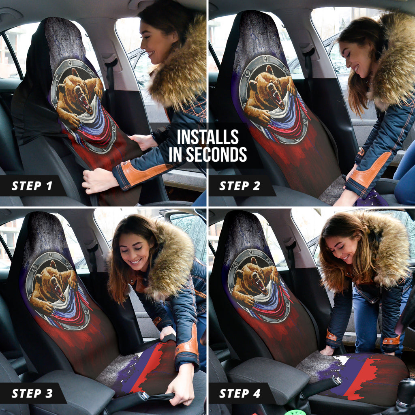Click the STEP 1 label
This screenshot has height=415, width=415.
[32, 186]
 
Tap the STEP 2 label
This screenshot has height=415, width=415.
[240, 186]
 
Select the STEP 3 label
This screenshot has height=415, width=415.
[32, 393]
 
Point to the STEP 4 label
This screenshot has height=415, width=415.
[240, 393]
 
